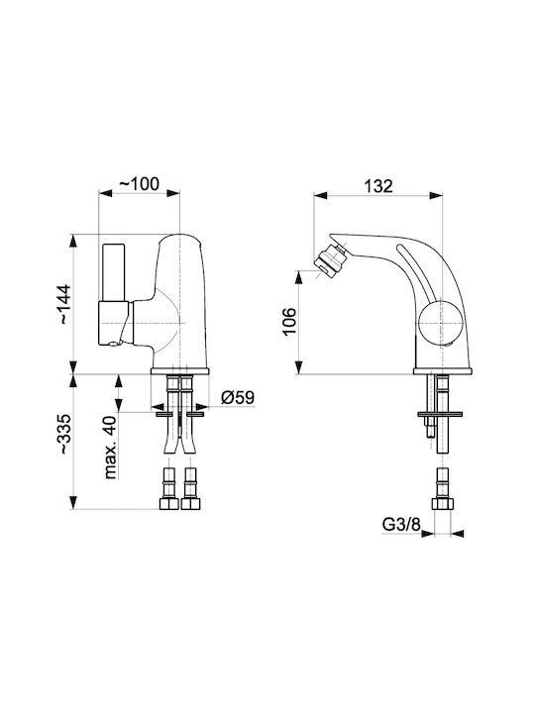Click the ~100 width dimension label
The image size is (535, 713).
point(140,184)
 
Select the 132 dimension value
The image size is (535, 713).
point(378,186)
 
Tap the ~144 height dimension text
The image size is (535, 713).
point(63,304)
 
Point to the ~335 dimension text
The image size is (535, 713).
point(63,434)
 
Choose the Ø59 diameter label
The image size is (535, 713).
point(238,397)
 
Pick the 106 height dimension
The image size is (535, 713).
point(289,322)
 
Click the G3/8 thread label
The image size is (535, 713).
point(401,525)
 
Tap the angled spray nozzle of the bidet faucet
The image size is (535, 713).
point(330,259)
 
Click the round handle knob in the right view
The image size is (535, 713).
point(440,323)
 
